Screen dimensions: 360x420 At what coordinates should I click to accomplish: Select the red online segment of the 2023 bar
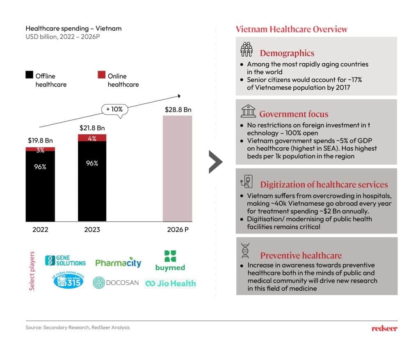92,138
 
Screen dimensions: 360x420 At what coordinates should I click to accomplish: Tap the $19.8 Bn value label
40,140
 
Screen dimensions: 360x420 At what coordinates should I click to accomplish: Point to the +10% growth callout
114,110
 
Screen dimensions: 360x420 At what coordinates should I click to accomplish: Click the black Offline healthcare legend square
30,75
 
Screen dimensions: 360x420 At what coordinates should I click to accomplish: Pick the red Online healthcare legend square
101,75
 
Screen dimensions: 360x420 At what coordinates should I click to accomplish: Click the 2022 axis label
40,229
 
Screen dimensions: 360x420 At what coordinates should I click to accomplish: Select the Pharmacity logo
118,263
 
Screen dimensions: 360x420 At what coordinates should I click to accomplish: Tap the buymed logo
170,261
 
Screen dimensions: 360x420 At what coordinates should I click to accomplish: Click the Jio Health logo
171,283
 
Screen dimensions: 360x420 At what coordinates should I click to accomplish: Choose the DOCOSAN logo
116,283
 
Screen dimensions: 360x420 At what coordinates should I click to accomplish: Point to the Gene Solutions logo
66,260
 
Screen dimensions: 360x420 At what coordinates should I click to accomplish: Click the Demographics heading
287,53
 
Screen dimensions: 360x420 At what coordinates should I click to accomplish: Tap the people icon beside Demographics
247,49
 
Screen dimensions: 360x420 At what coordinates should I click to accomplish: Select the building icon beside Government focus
247,111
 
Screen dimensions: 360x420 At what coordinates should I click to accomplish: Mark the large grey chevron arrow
215,162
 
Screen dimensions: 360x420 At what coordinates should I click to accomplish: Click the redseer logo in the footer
384,328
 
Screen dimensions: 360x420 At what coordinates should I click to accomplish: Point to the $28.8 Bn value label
178,110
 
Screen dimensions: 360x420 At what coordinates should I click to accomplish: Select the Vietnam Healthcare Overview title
292,29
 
